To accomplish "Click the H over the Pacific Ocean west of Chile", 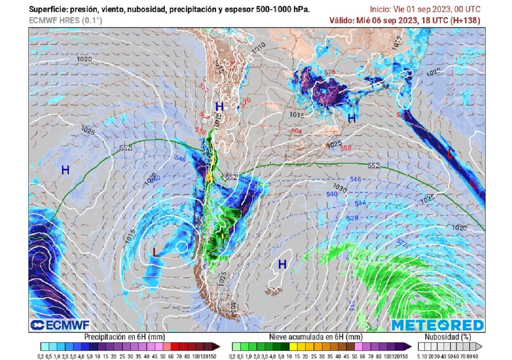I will pyautogui.click(x=65, y=170).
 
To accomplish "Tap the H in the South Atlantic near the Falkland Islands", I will pyautogui.click(x=282, y=264).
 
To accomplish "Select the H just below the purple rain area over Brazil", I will pyautogui.click(x=352, y=118).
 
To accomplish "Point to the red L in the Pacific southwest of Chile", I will pyautogui.click(x=155, y=252).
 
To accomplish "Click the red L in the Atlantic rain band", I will pyautogui.click(x=450, y=154).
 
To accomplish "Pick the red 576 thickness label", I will pyautogui.click(x=329, y=72).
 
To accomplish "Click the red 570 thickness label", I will pyautogui.click(x=245, y=101).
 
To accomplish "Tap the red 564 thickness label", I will pyautogui.click(x=296, y=131).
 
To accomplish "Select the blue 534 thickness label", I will pyautogui.click(x=360, y=203).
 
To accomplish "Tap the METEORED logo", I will pyautogui.click(x=437, y=325).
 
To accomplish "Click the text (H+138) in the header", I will pyautogui.click(x=465, y=20).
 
